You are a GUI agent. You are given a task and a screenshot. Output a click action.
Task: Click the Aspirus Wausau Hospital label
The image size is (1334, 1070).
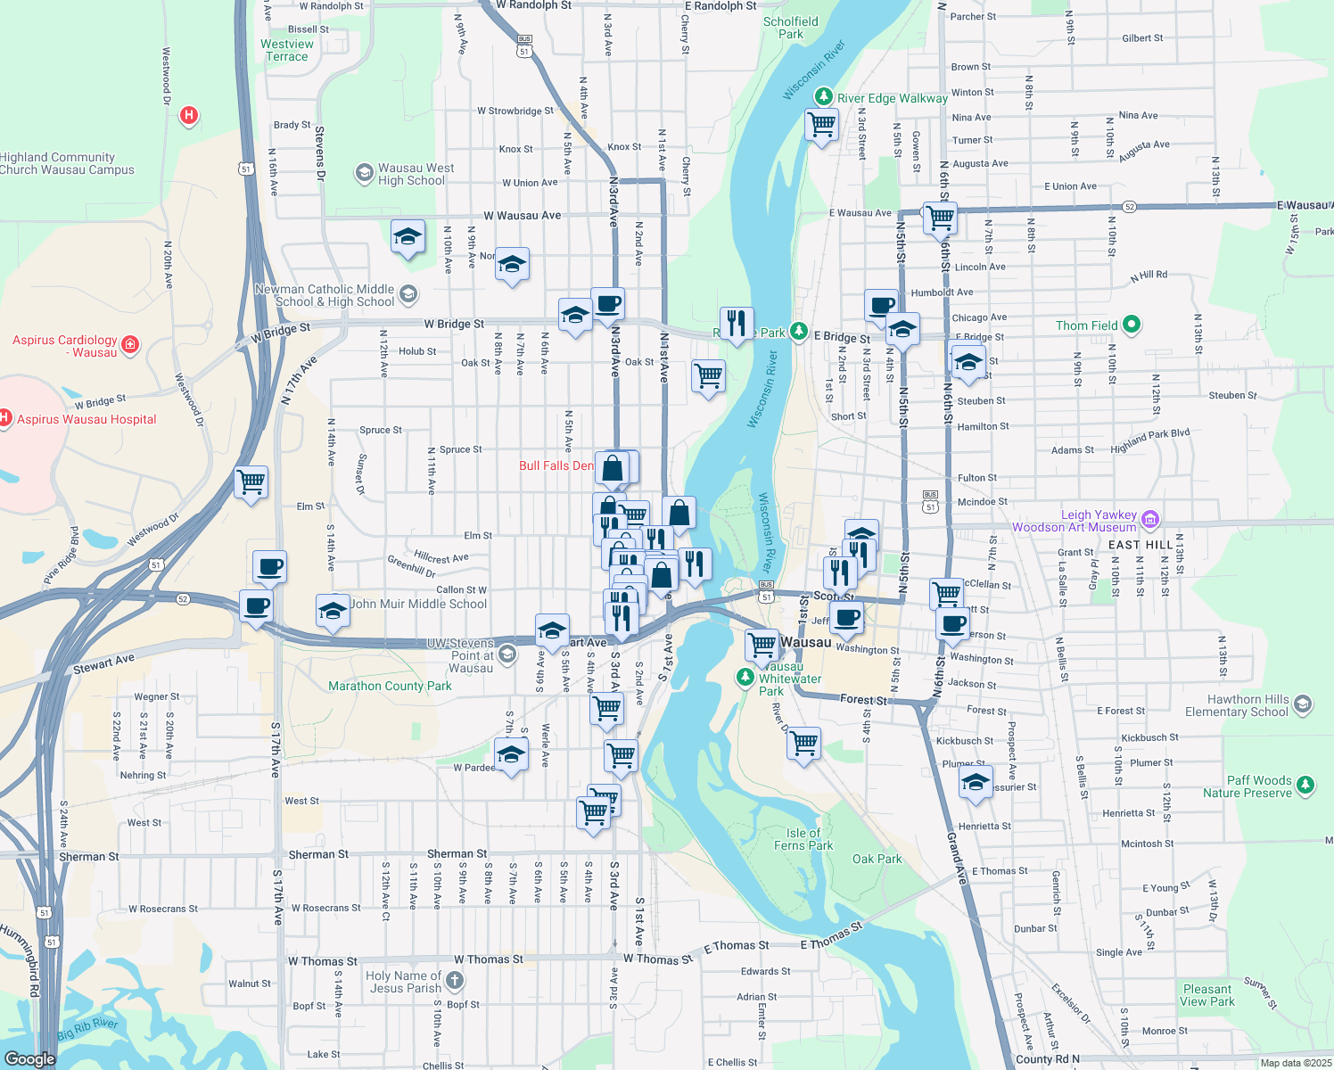click(x=86, y=419)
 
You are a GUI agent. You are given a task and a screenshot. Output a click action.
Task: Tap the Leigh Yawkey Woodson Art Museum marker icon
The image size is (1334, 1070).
click(x=1149, y=519)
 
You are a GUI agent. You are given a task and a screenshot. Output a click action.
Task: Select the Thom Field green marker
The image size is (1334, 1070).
click(x=1132, y=325)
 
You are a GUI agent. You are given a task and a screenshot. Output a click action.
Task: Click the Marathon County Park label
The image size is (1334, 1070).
click(x=390, y=686)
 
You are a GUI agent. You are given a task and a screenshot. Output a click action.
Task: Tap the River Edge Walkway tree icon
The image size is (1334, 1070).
click(x=824, y=96)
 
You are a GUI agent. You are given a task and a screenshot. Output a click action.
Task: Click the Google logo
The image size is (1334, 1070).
click(x=29, y=1058)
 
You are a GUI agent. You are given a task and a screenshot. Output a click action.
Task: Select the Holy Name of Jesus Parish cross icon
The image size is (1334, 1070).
click(x=454, y=981)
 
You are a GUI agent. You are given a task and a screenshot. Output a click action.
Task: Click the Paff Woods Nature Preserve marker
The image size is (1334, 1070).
click(x=1305, y=785)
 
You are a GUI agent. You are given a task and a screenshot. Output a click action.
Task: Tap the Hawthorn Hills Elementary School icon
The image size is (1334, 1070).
click(x=1302, y=704)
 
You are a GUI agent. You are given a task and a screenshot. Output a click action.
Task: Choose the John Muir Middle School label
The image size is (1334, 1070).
click(x=418, y=604)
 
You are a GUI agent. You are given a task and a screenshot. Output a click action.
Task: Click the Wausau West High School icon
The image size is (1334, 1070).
click(x=364, y=173)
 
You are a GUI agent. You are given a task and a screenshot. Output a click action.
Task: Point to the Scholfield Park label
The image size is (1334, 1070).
click(x=790, y=28)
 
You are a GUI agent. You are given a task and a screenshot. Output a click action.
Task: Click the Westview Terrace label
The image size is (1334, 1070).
click(x=286, y=50)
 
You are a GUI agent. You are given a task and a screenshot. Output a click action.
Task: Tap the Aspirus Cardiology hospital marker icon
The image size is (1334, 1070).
click(x=130, y=344)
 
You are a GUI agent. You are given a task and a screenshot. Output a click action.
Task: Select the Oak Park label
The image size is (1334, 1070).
click(x=877, y=859)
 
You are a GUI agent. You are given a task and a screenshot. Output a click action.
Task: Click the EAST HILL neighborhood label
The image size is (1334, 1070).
click(x=1140, y=545)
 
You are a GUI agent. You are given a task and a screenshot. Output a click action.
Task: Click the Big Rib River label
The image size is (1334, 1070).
click(x=87, y=1029)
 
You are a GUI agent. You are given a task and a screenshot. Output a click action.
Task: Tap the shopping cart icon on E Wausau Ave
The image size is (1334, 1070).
click(x=940, y=216)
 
